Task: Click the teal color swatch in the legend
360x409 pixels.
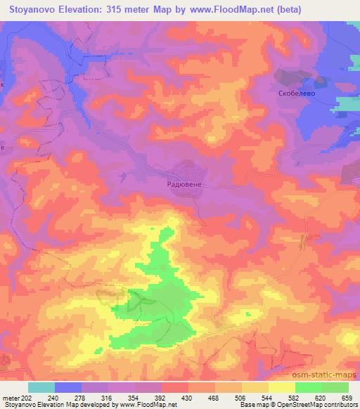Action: pos(41,387)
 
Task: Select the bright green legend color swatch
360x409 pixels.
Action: pos(308,387)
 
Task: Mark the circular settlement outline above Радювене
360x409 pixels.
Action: pos(187,170)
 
